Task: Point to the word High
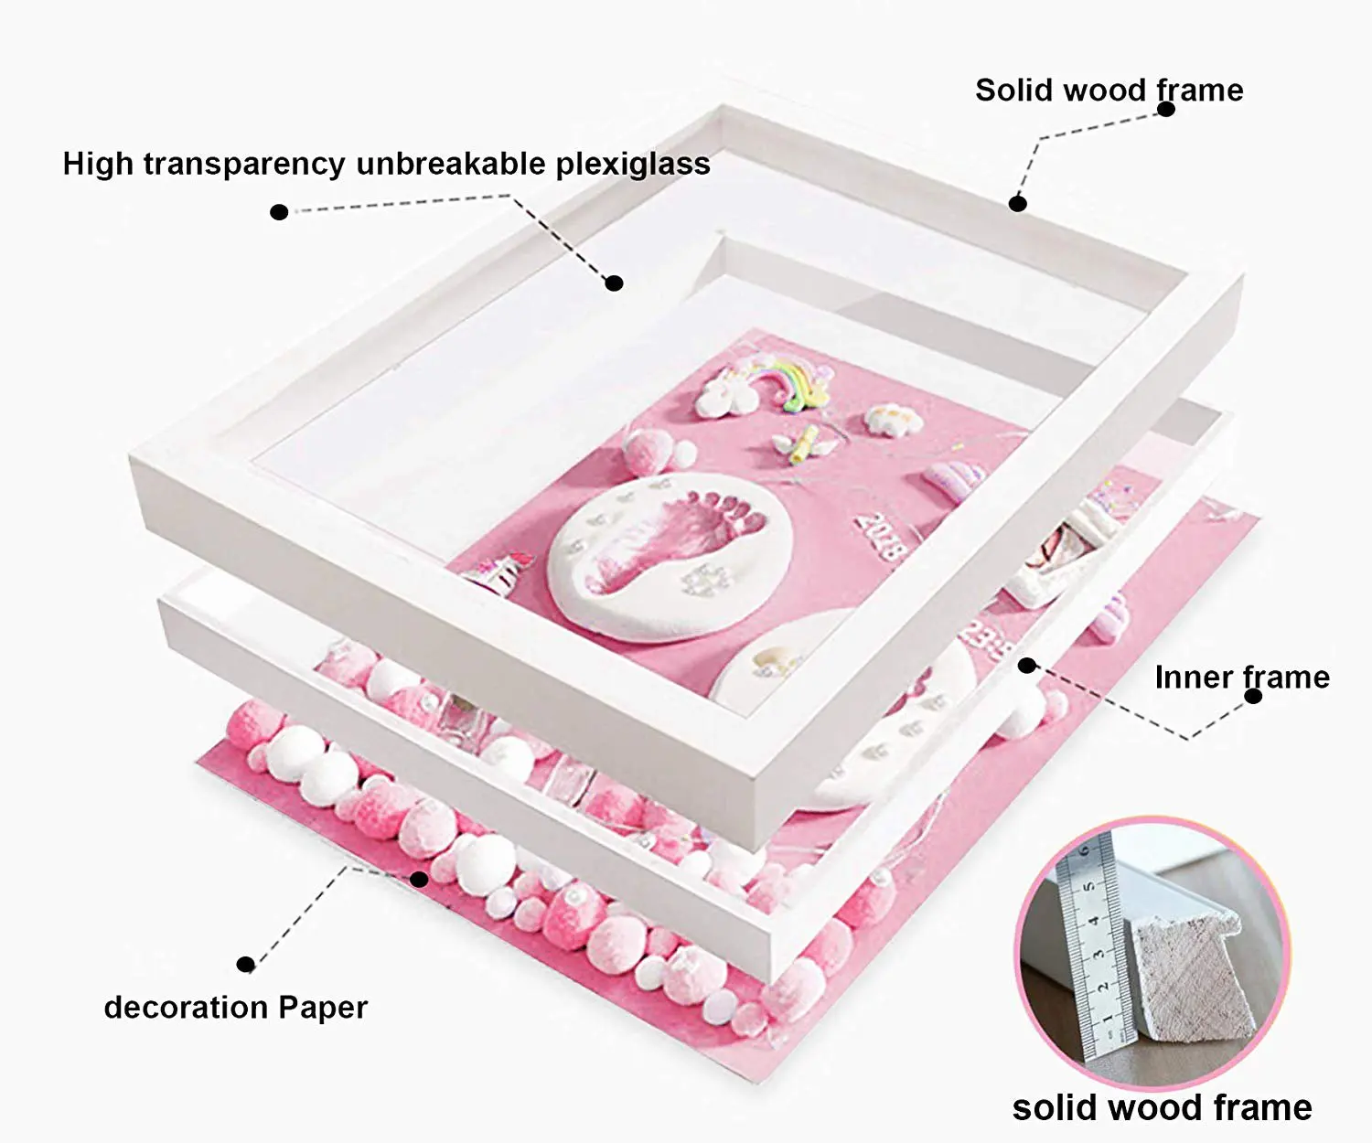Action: click(x=98, y=164)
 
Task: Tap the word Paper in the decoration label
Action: click(x=323, y=1008)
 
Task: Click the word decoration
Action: click(x=186, y=1008)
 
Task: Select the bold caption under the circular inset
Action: click(x=1162, y=1108)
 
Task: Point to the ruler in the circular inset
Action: click(x=1088, y=942)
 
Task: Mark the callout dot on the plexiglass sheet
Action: click(x=615, y=283)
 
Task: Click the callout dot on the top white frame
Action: click(x=1017, y=203)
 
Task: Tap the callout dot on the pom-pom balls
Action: click(x=419, y=880)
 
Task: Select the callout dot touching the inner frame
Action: click(x=1027, y=666)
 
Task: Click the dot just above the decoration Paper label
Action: click(x=245, y=965)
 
